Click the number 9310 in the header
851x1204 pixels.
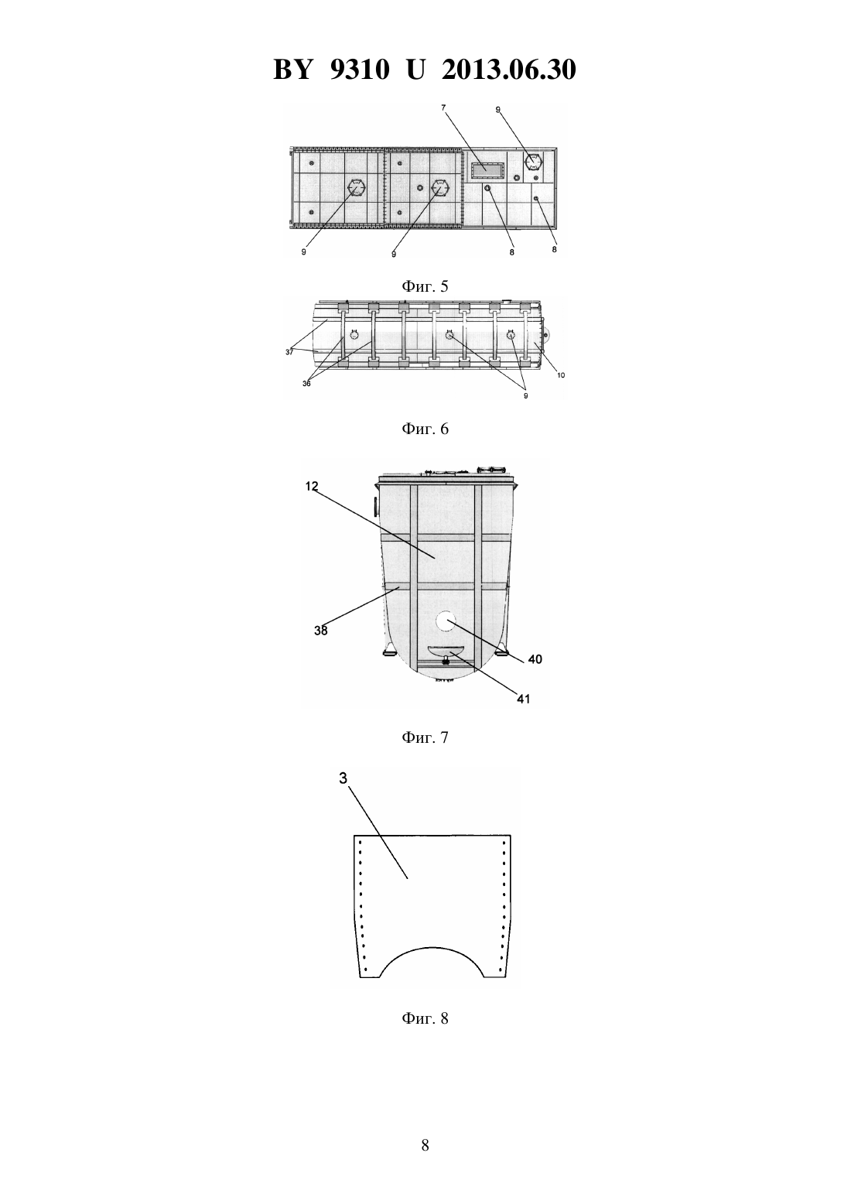coord(359,70)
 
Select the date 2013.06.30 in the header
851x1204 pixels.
coord(509,70)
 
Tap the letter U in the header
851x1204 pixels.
coord(415,70)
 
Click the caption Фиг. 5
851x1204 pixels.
coord(425,286)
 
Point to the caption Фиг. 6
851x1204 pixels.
coord(425,429)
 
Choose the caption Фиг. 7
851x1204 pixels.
coord(425,737)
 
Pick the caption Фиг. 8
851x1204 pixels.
coord(425,1018)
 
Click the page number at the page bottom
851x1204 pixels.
coord(425,1145)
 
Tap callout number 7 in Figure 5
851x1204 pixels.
coord(443,108)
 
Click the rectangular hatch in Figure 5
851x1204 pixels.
coord(487,170)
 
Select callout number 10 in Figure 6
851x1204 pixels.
coord(560,375)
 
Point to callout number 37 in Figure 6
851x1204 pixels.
coord(289,352)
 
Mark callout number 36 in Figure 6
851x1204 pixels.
coord(306,383)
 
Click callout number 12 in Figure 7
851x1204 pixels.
coord(312,487)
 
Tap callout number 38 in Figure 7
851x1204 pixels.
coord(321,631)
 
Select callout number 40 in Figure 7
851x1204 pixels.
coord(535,659)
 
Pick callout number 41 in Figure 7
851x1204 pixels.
coord(523,699)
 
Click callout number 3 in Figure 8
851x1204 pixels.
coord(343,778)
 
